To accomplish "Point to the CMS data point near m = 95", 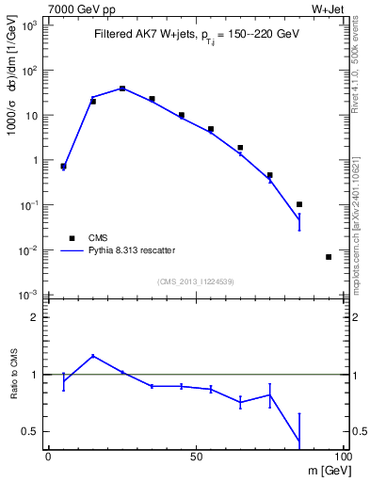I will (x=328, y=257).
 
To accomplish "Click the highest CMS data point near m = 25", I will (x=122, y=88).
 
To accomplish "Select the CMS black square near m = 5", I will (x=63, y=166).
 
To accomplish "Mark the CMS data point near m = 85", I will (x=298, y=204).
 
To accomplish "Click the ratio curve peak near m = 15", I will (x=92, y=356).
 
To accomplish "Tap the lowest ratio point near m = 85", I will (x=298, y=442).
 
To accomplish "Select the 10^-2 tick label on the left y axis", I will (x=29, y=250).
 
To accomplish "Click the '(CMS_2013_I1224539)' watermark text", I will (x=195, y=281).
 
